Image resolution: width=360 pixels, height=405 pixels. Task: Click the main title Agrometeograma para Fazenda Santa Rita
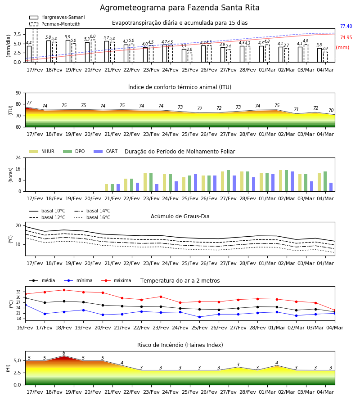(180, 8)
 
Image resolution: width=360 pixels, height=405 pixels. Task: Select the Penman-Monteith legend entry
(55, 24)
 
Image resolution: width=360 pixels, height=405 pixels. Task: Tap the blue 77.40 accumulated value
(346, 26)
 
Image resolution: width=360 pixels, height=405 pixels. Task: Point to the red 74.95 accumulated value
(346, 37)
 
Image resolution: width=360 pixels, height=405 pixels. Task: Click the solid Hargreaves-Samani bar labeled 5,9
(68, 51)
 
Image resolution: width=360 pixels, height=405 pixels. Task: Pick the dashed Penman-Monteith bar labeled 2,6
(190, 57)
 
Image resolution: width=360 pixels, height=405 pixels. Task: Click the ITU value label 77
(29, 103)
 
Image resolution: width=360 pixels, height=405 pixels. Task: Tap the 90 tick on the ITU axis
(18, 93)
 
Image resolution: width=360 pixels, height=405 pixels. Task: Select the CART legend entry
(106, 151)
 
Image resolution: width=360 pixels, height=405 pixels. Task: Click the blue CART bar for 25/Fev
(195, 183)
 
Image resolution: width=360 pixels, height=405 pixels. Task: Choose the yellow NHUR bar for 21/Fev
(106, 188)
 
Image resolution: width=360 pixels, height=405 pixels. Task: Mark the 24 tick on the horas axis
(18, 157)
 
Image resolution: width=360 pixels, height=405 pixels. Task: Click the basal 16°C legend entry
(92, 217)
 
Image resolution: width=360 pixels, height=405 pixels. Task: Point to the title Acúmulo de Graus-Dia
(180, 216)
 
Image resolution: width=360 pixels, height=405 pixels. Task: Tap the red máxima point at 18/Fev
(64, 290)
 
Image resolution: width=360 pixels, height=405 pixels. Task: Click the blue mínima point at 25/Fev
(200, 317)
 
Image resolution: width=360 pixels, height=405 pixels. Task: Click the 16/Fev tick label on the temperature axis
(25, 328)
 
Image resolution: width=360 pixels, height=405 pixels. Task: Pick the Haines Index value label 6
(64, 353)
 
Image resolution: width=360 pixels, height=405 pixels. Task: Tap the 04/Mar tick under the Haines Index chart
(325, 392)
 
